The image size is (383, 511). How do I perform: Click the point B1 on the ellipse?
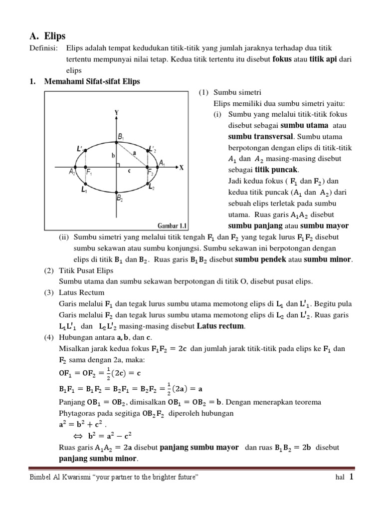[x=117, y=143]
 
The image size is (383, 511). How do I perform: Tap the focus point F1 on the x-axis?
[x=86, y=168]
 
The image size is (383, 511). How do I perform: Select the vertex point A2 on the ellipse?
[x=75, y=168]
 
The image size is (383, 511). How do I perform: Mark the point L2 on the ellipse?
[x=148, y=183]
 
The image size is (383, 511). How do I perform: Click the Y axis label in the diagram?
[x=116, y=113]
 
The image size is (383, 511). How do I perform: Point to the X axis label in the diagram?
[x=182, y=168]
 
